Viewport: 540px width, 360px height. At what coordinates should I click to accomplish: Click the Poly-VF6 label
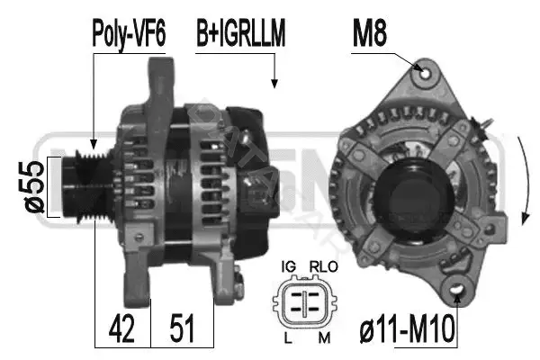coord(129,33)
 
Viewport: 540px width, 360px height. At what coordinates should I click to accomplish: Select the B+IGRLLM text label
coord(240,33)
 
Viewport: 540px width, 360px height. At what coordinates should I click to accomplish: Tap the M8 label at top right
coord(370,33)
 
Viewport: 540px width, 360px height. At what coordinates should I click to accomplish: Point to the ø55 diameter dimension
coord(34,186)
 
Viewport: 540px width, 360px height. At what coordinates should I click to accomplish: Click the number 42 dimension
coord(121,328)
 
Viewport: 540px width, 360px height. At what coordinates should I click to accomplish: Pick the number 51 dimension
coord(182,328)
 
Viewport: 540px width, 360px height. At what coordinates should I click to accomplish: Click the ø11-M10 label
coord(407,329)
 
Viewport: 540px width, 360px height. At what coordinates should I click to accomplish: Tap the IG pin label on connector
coord(288,266)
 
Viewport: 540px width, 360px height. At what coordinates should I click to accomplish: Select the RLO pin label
coord(324,266)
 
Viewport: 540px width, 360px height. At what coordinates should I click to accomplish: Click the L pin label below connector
coord(288,338)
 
